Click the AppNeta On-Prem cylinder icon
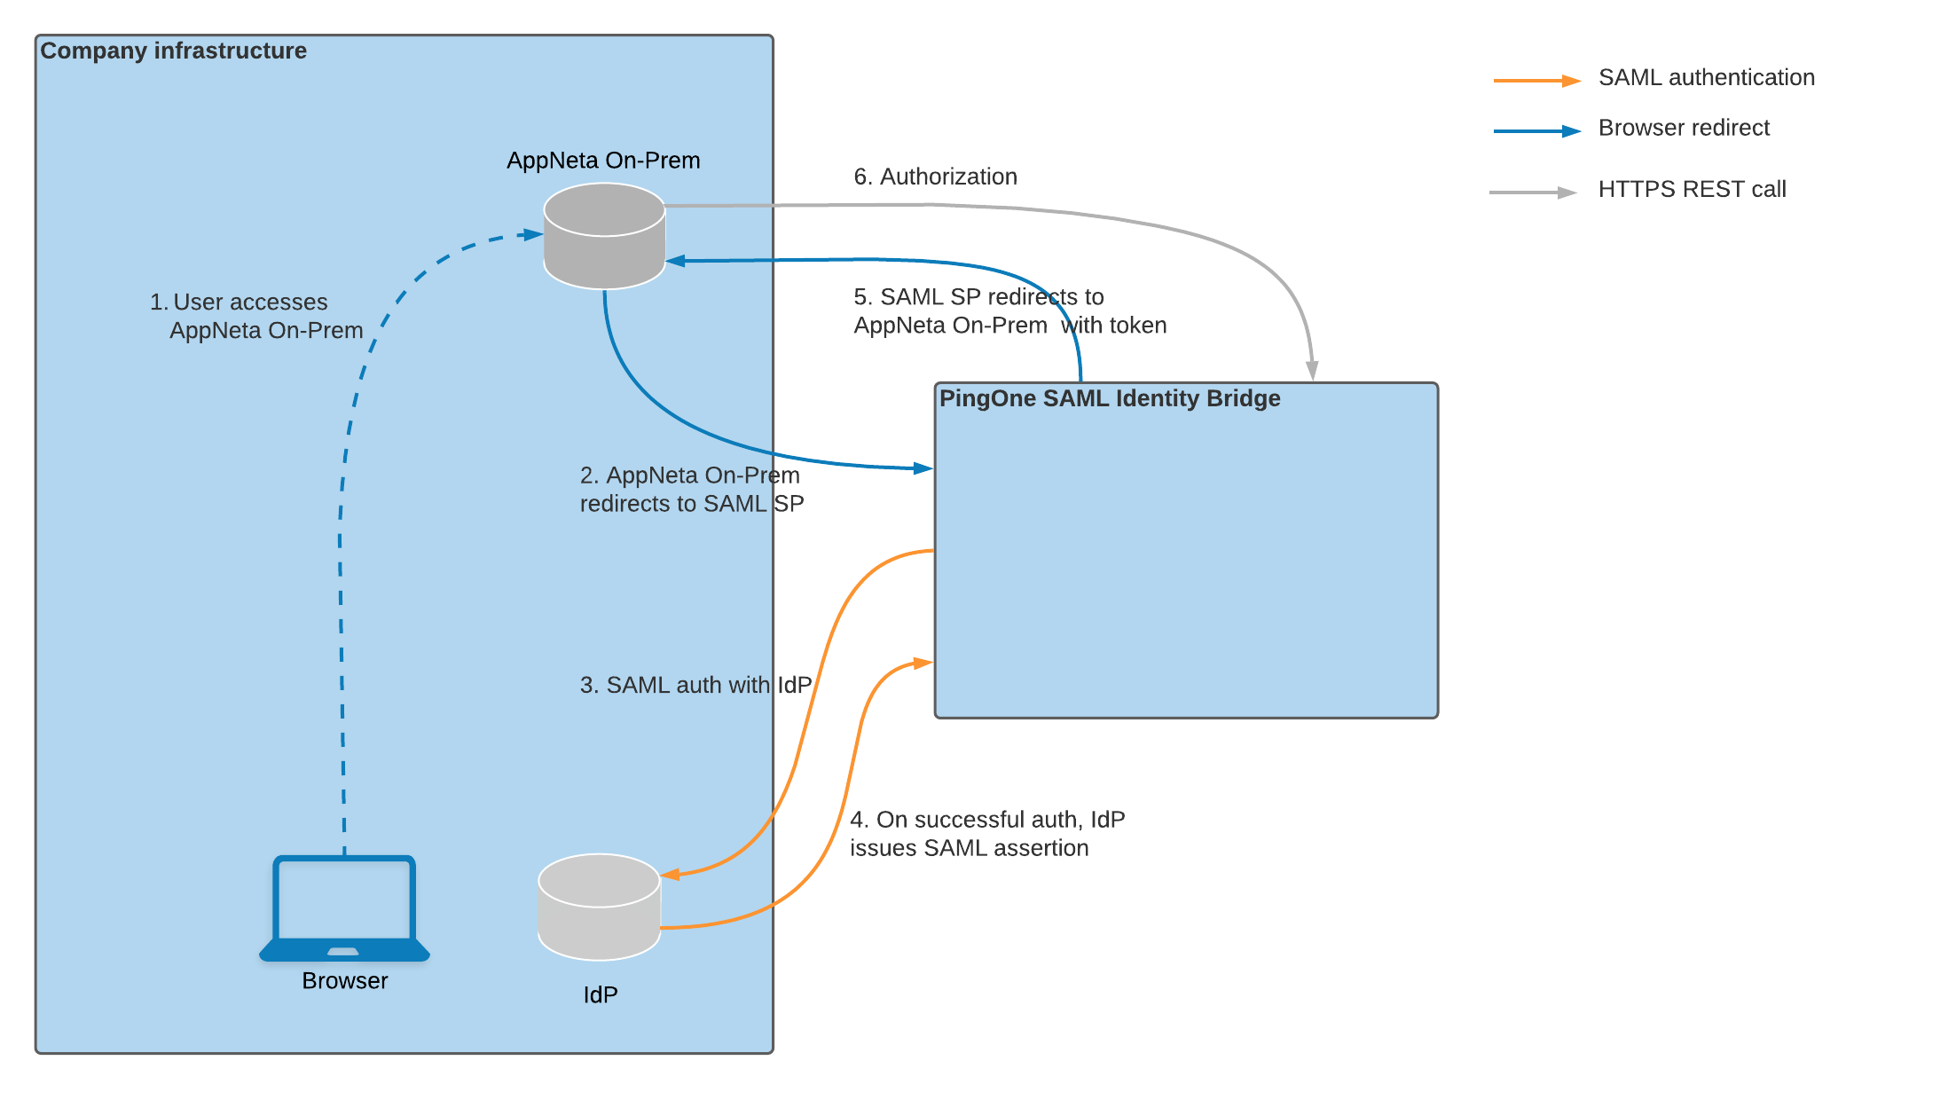click(604, 236)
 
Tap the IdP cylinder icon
click(599, 907)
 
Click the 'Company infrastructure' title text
click(174, 51)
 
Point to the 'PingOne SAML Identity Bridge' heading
click(1110, 398)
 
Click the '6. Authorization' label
click(935, 177)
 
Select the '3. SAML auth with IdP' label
click(695, 685)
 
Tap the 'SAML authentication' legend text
click(1706, 77)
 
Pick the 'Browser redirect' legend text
click(1684, 128)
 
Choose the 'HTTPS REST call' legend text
click(1692, 189)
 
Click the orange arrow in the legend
click(1536, 81)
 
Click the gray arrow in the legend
click(1533, 192)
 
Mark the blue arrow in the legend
click(1536, 131)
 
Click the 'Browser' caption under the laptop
click(345, 980)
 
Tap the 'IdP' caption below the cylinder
click(601, 994)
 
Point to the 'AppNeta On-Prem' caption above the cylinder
click(603, 161)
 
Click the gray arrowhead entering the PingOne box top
click(1312, 371)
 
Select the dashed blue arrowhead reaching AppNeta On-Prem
click(533, 235)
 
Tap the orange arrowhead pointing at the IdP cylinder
click(671, 875)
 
